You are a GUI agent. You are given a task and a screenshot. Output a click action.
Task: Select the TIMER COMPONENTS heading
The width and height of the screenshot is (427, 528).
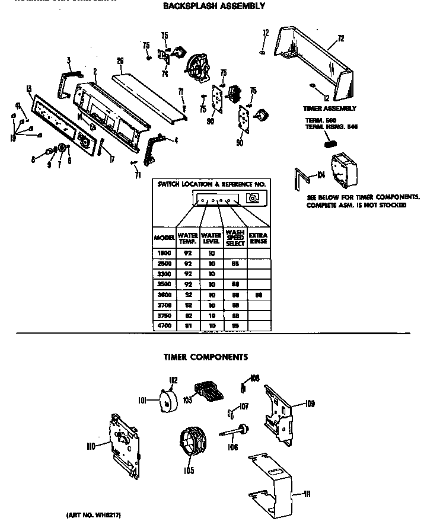(205, 357)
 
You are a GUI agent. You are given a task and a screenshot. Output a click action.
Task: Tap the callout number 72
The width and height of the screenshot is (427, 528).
(340, 39)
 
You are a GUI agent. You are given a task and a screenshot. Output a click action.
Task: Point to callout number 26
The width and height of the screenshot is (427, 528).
(120, 61)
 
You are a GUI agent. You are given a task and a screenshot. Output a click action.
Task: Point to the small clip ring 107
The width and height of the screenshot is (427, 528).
(231, 412)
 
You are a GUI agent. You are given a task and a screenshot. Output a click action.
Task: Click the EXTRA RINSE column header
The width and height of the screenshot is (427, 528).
(258, 237)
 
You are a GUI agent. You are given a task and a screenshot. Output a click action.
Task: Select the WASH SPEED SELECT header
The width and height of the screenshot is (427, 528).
(235, 237)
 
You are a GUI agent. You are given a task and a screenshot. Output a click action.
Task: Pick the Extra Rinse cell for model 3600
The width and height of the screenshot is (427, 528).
(258, 295)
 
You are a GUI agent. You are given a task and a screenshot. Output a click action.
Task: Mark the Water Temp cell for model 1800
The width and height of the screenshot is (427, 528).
(188, 252)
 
